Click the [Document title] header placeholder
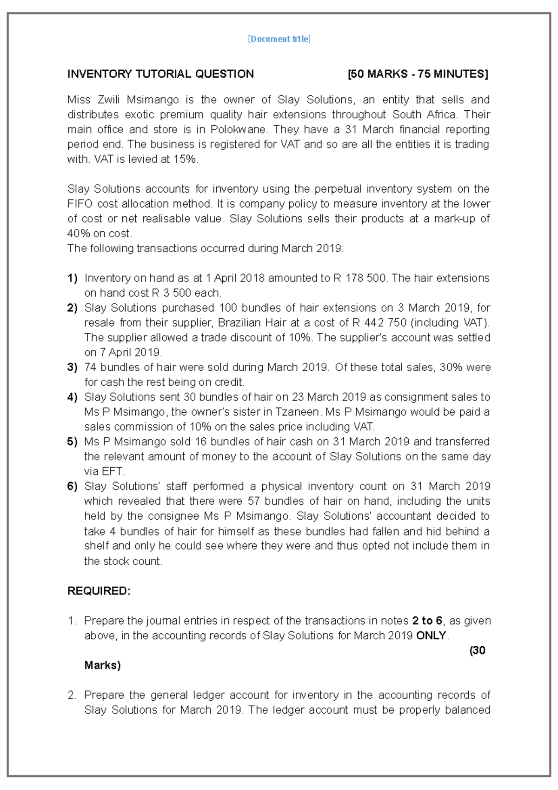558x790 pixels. point(279,39)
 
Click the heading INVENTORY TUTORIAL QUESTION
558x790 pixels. point(160,74)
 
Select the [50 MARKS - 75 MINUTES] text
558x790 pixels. point(418,74)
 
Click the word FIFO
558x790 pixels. point(80,204)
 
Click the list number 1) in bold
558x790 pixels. point(72,278)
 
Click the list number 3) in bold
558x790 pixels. point(72,368)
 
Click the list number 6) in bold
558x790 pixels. point(72,486)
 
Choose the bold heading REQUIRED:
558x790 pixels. point(99,591)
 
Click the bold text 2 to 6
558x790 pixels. point(427,621)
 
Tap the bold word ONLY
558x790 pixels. point(431,636)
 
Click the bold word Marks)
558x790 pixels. point(102,665)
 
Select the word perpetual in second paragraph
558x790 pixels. point(338,189)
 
